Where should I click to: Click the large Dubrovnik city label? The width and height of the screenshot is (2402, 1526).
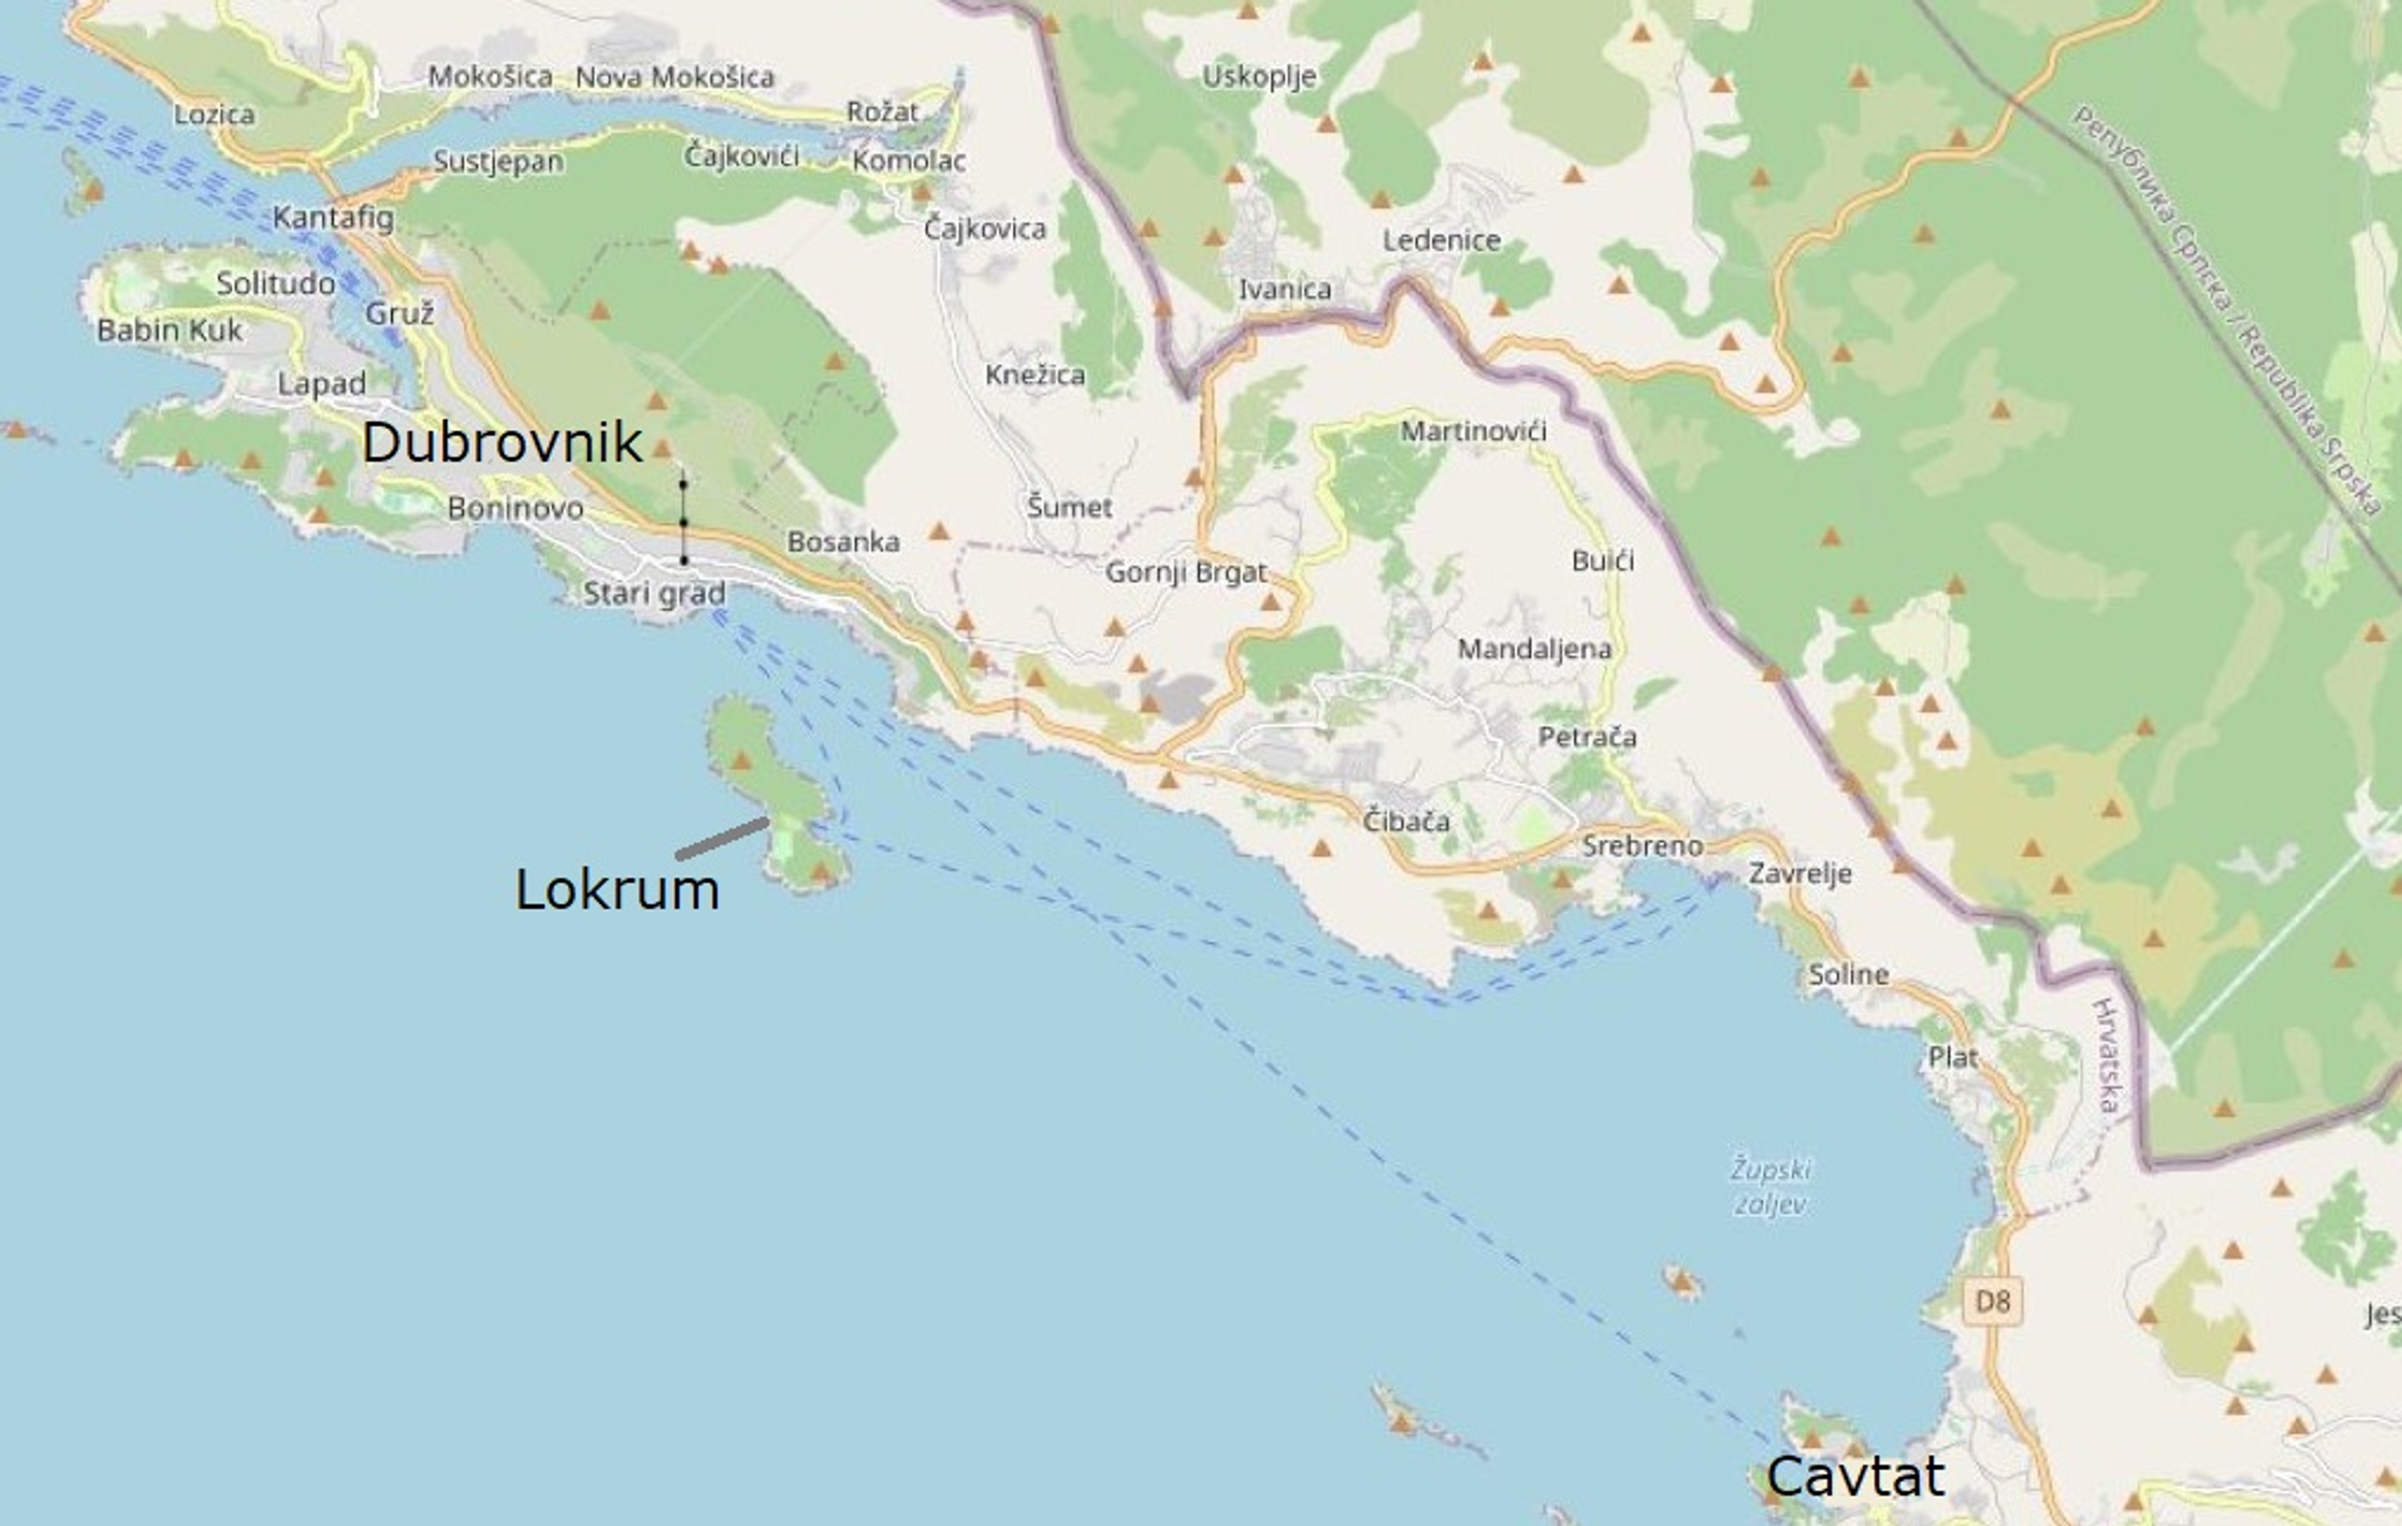click(x=502, y=442)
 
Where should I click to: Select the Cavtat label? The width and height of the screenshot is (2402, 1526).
click(x=1855, y=1475)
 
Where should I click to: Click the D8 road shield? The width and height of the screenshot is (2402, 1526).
click(x=1992, y=1301)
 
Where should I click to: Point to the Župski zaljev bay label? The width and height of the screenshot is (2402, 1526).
click(x=1771, y=1187)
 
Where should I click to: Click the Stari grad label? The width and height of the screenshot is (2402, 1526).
click(x=654, y=594)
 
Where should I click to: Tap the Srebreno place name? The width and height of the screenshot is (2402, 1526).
click(x=1642, y=846)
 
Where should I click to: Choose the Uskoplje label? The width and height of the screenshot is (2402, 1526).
click(x=1259, y=77)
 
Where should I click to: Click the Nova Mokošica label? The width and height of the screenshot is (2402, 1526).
click(x=674, y=77)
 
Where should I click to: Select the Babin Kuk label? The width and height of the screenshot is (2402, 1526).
click(x=170, y=330)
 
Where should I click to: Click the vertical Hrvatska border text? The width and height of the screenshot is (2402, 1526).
click(x=2105, y=1055)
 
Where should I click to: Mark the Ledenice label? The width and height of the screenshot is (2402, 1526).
click(x=1441, y=240)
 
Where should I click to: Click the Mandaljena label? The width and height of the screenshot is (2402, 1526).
click(x=1534, y=649)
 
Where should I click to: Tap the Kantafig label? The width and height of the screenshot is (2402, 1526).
click(x=333, y=218)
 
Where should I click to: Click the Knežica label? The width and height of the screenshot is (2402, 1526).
click(x=1035, y=375)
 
